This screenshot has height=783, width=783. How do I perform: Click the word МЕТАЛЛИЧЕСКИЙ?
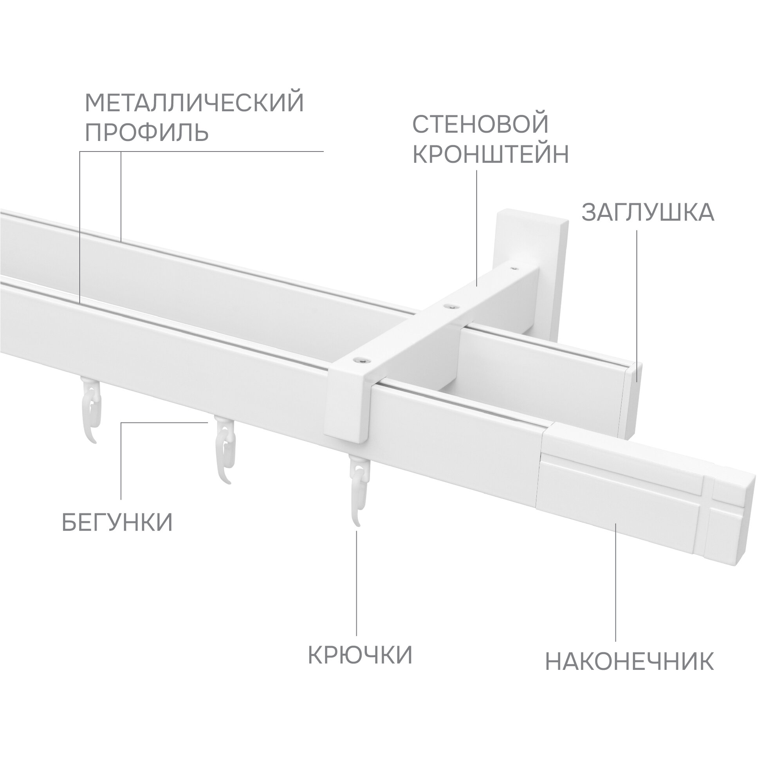tap(195, 103)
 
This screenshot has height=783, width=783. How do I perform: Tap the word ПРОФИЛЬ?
tap(147, 133)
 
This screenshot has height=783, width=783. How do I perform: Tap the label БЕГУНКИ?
tap(117, 522)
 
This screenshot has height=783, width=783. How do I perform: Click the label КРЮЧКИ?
tap(360, 654)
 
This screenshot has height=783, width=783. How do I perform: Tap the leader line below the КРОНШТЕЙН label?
tap(476, 227)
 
